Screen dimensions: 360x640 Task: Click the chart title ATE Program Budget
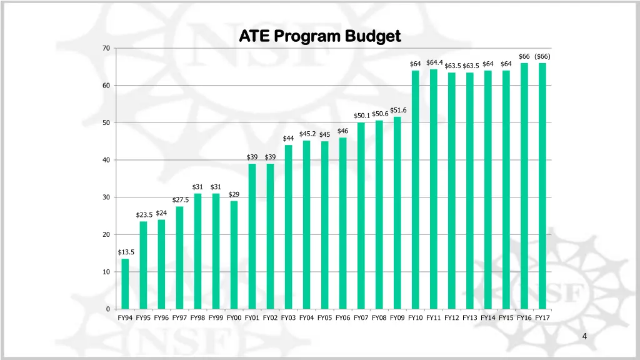point(319,36)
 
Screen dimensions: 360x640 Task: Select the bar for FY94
point(125,284)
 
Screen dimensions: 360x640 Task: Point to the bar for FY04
point(306,225)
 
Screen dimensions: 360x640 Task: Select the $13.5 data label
point(126,252)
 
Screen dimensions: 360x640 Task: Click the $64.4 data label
point(434,62)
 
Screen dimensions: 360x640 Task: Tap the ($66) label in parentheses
point(542,56)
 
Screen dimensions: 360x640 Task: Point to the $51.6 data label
point(398,111)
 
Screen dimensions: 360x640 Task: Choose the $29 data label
point(234,194)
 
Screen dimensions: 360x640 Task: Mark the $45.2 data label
point(307,134)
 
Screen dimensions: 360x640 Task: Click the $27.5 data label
point(180,200)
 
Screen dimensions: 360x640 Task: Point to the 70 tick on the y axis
point(106,49)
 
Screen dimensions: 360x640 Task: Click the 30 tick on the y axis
point(106,197)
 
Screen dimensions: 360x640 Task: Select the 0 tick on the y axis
point(108,309)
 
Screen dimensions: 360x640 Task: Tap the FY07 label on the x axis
point(361,317)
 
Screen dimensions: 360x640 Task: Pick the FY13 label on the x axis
point(469,317)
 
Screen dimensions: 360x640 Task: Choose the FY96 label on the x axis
point(161,317)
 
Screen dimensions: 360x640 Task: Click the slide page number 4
point(584,337)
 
